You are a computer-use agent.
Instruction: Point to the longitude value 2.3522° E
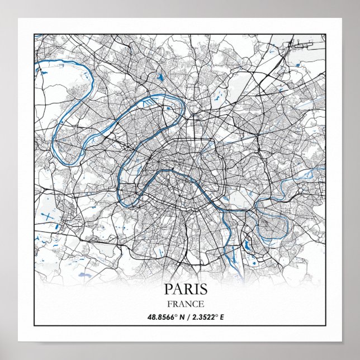click(206, 318)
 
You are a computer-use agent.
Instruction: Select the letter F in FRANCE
click(169, 305)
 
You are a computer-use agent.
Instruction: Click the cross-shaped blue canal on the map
click(49, 217)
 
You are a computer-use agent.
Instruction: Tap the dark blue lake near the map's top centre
click(160, 78)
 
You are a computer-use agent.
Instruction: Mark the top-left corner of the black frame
click(34, 34)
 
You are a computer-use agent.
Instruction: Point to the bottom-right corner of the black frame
click(326, 325)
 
